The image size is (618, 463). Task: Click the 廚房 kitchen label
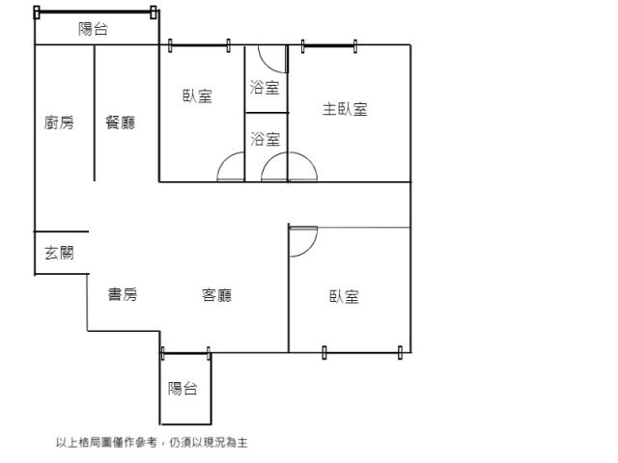[x=59, y=123]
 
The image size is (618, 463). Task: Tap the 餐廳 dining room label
[x=120, y=123]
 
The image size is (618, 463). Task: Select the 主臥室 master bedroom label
[x=345, y=109]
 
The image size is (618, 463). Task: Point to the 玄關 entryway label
[x=59, y=253]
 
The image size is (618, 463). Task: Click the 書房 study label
[x=123, y=294]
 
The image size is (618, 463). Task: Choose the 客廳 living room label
[x=216, y=295]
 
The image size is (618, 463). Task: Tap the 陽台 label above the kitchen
[x=93, y=29]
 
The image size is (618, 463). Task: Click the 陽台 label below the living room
[x=183, y=389]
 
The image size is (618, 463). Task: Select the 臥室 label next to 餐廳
[x=197, y=95]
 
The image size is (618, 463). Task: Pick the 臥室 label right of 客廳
[x=344, y=296]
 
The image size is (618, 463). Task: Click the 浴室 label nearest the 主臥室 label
[x=265, y=88]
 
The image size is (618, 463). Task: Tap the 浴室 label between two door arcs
[x=265, y=139]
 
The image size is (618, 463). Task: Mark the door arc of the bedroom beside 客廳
[x=311, y=248]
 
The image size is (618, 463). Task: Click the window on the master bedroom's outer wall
[x=329, y=46]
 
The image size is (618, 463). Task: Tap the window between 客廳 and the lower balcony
[x=185, y=353]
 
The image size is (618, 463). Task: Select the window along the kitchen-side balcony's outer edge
[x=95, y=13]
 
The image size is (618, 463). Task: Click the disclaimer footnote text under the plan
[x=152, y=443]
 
